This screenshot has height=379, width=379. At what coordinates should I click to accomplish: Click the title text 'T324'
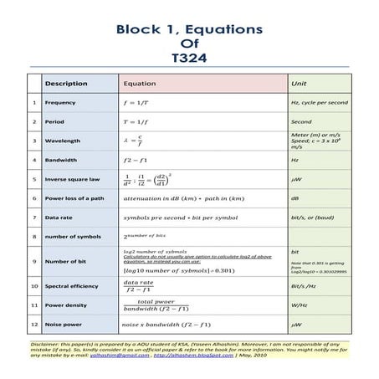188,59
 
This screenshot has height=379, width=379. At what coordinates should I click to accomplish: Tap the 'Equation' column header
140,84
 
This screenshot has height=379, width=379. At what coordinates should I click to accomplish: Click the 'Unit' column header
299,84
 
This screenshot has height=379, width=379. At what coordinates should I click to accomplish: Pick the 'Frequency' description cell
60,102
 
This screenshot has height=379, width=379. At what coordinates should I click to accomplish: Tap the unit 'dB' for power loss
295,198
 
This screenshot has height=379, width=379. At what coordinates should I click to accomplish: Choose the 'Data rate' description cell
60,218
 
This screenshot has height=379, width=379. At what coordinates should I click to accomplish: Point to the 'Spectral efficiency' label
72,286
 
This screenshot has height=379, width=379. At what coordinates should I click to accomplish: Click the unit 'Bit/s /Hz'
302,286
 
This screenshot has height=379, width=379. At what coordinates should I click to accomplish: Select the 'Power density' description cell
66,305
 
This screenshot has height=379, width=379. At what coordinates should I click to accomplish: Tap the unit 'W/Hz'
297,305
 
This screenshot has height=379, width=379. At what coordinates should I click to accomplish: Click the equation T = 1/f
136,120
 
